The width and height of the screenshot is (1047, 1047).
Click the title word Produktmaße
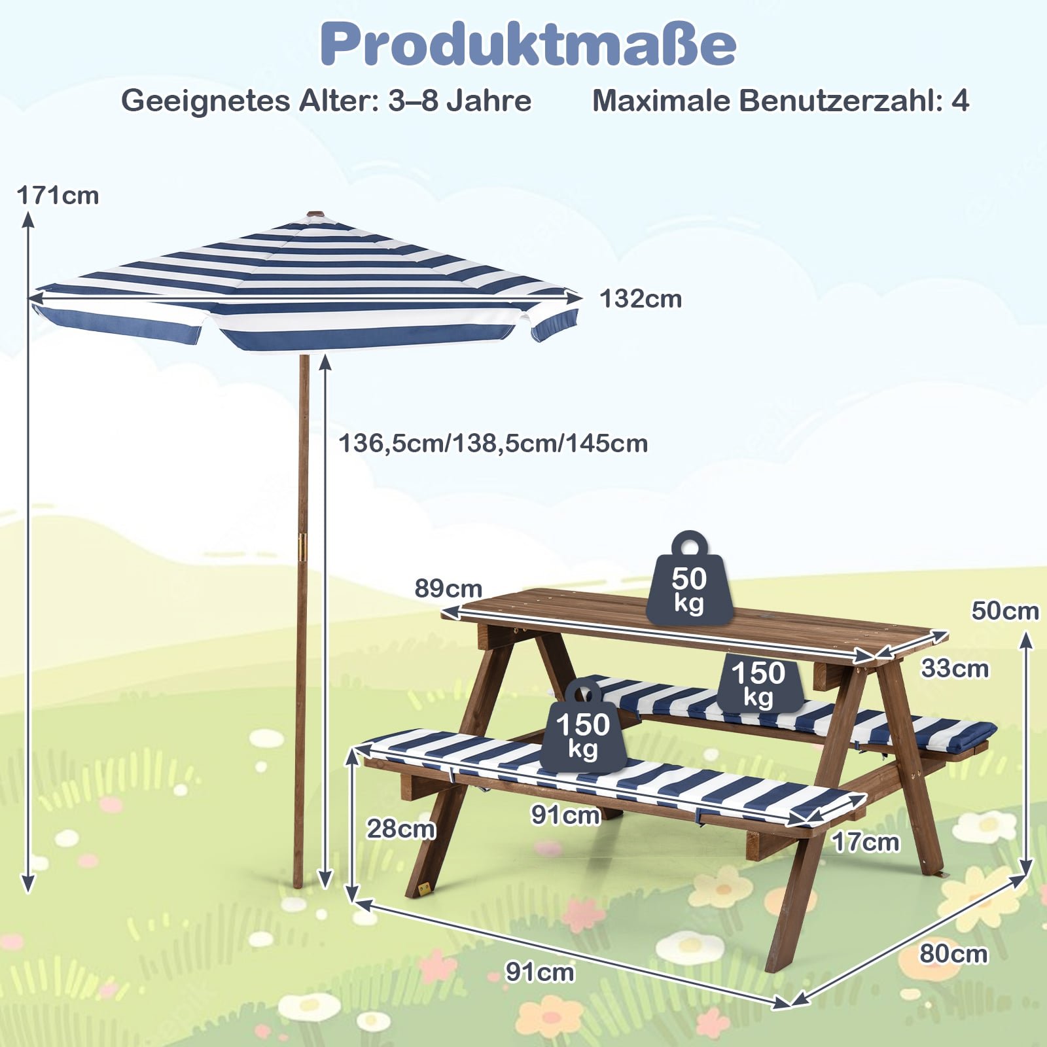(x=528, y=44)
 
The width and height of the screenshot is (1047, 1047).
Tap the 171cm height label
(x=58, y=196)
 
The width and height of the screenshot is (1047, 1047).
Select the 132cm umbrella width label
(x=641, y=299)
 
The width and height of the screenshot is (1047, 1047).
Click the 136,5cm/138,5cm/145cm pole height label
(x=493, y=444)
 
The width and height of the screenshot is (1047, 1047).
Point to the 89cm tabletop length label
(x=448, y=588)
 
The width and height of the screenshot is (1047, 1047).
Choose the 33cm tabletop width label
(x=955, y=669)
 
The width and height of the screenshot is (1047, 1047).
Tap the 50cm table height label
(x=1005, y=611)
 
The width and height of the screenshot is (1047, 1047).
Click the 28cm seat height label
(x=400, y=829)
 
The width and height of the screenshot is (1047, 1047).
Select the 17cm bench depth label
(x=866, y=842)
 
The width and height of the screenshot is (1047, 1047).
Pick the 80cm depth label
(x=953, y=953)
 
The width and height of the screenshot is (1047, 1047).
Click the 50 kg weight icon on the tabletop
(x=689, y=578)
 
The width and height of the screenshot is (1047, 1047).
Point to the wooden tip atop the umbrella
(x=315, y=214)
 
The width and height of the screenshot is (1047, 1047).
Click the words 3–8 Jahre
(x=459, y=101)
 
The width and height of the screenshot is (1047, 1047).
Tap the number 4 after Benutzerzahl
(x=960, y=101)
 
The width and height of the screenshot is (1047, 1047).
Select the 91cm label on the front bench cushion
(x=565, y=815)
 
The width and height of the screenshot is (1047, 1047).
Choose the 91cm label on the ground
(x=540, y=972)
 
